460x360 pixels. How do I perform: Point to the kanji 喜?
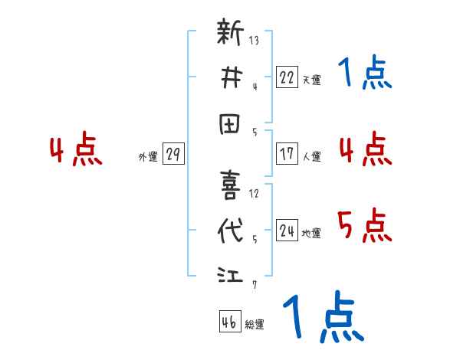[x=230, y=185]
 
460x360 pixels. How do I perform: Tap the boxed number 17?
[x=287, y=153]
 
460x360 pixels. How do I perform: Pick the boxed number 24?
[x=287, y=231]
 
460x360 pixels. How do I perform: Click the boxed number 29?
[x=173, y=154]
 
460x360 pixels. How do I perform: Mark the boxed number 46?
[x=228, y=322]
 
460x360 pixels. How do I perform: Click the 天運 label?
[x=312, y=79]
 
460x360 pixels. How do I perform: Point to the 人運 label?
[x=312, y=156]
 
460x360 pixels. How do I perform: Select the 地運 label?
[x=312, y=234]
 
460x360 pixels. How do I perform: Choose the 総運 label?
[x=255, y=325]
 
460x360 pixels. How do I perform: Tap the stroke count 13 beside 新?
[x=253, y=40]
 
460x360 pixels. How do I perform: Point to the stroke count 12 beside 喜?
[x=254, y=192]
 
